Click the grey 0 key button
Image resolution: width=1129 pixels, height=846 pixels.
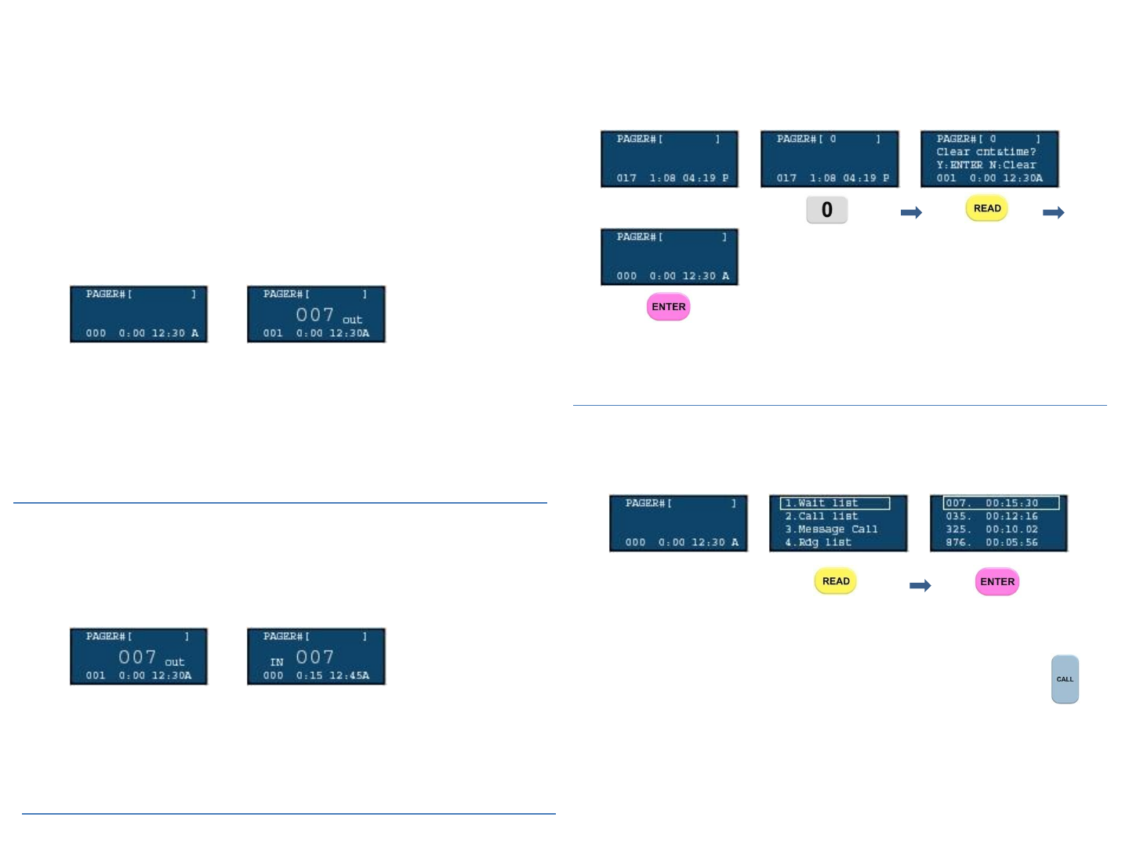[826, 210]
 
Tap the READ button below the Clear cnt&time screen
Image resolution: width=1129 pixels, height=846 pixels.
[986, 208]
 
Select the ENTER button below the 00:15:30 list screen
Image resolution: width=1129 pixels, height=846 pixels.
[996, 581]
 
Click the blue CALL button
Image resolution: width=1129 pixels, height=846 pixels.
[1065, 679]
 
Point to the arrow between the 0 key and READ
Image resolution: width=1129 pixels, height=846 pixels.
[911, 212]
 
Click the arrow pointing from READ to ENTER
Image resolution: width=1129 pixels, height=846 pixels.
[920, 585]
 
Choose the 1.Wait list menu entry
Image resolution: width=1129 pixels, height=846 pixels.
[834, 504]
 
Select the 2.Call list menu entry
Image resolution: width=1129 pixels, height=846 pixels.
[822, 516]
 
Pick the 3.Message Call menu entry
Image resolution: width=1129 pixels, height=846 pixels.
[831, 530]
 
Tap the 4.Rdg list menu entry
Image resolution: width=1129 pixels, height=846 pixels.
[819, 542]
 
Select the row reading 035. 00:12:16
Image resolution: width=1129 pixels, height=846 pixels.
[992, 516]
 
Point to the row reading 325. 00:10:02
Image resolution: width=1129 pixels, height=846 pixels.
[992, 530]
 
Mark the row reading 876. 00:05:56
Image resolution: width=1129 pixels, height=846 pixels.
[992, 542]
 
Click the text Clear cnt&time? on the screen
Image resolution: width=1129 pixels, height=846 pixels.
[986, 152]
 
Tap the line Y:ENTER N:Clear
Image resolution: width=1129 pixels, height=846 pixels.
[986, 165]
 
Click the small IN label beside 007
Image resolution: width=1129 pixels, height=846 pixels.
[277, 662]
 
